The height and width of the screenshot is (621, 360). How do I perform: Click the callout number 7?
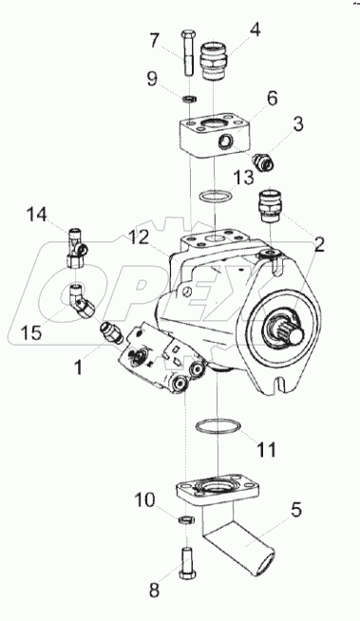(x=154, y=40)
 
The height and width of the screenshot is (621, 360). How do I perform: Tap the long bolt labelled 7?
(x=187, y=54)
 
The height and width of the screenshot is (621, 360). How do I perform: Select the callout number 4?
(x=255, y=30)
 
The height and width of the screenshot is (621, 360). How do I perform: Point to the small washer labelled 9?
(x=190, y=98)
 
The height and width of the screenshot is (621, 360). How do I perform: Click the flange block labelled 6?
(x=215, y=135)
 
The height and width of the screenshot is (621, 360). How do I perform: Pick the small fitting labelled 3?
(x=263, y=160)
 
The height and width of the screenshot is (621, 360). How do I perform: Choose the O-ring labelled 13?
(x=215, y=197)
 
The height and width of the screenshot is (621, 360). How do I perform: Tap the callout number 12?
(x=138, y=236)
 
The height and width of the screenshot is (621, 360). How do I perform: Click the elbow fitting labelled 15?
(x=83, y=301)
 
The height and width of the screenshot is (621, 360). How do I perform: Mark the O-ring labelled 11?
(x=218, y=425)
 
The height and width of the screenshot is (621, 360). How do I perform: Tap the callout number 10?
(x=144, y=500)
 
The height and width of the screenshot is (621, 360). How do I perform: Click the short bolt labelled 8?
(x=186, y=562)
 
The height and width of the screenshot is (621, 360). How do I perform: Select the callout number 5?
(x=295, y=510)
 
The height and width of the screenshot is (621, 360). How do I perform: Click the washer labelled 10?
(x=184, y=519)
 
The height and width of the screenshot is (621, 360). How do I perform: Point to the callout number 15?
(x=30, y=332)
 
